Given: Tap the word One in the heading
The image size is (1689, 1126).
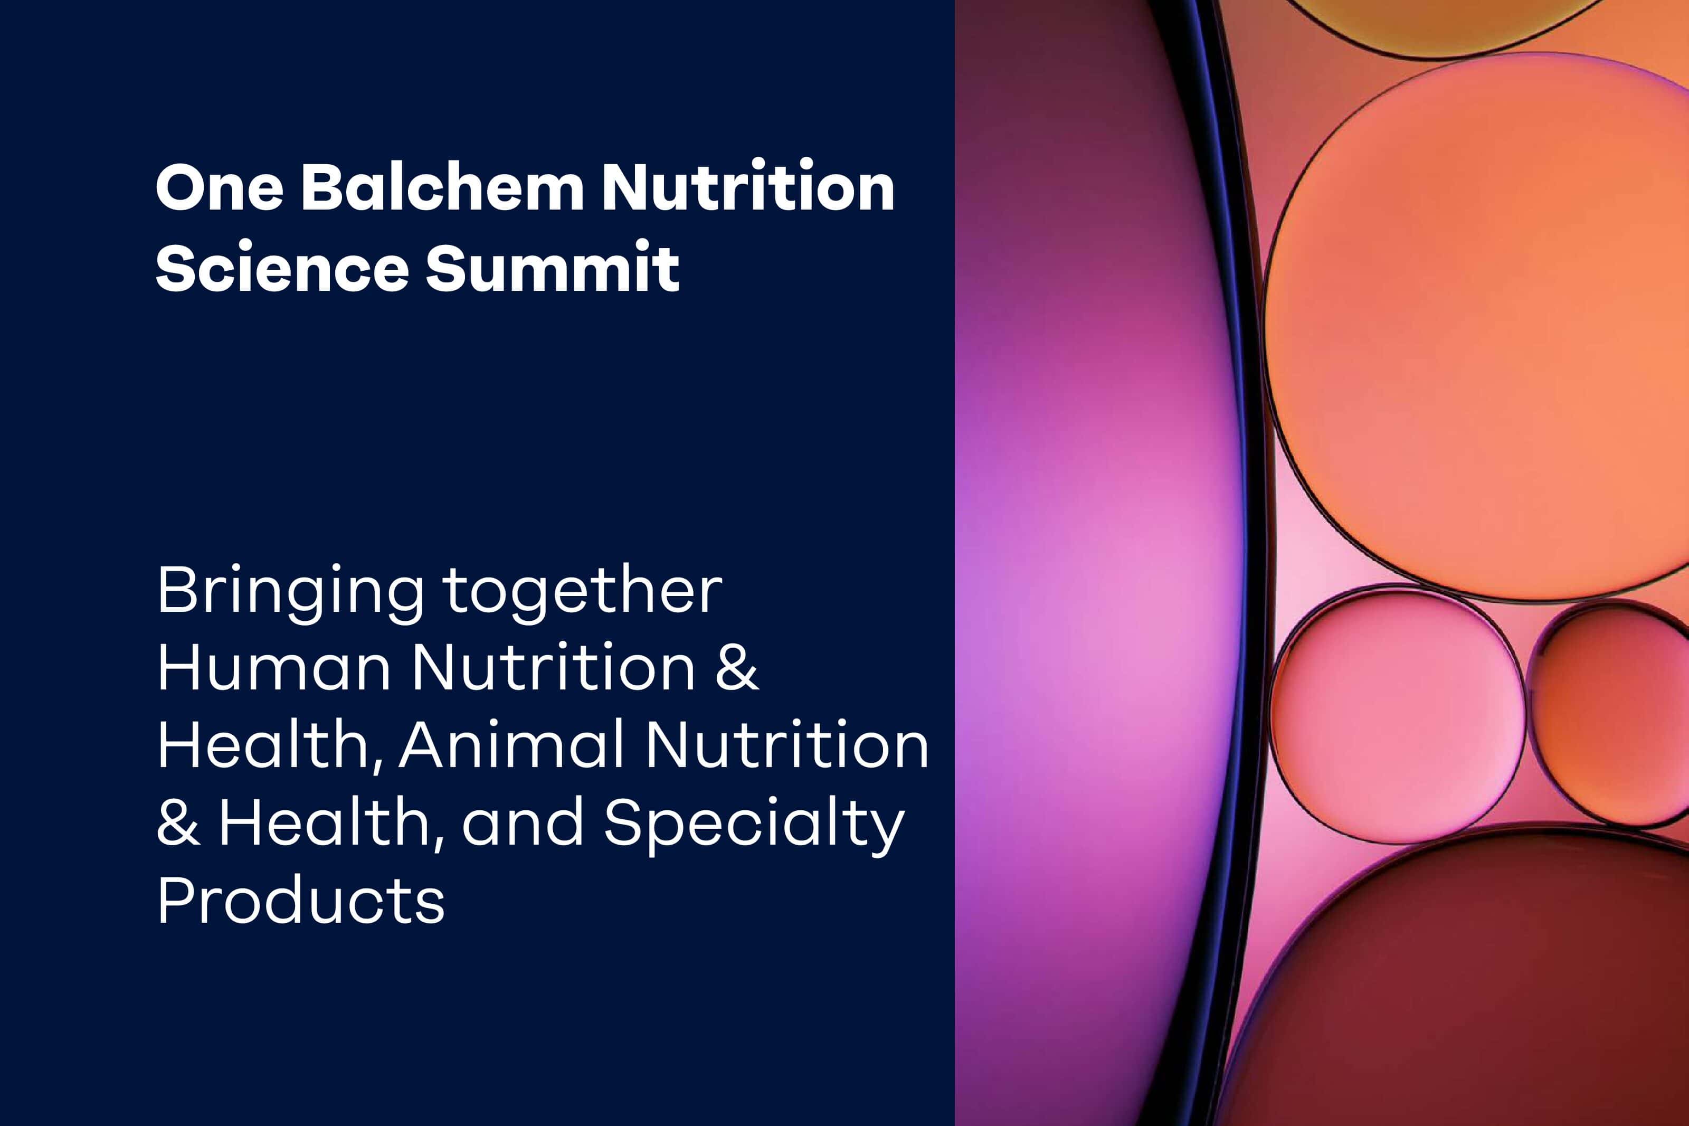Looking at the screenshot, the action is coord(219,187).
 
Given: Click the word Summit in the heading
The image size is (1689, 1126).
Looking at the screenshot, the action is coord(552,267).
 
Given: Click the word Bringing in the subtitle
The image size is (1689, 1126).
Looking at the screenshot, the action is coord(291,594).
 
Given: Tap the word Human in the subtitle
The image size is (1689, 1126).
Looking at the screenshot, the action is coord(274,667).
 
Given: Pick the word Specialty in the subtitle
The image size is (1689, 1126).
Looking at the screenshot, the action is coord(754,826).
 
